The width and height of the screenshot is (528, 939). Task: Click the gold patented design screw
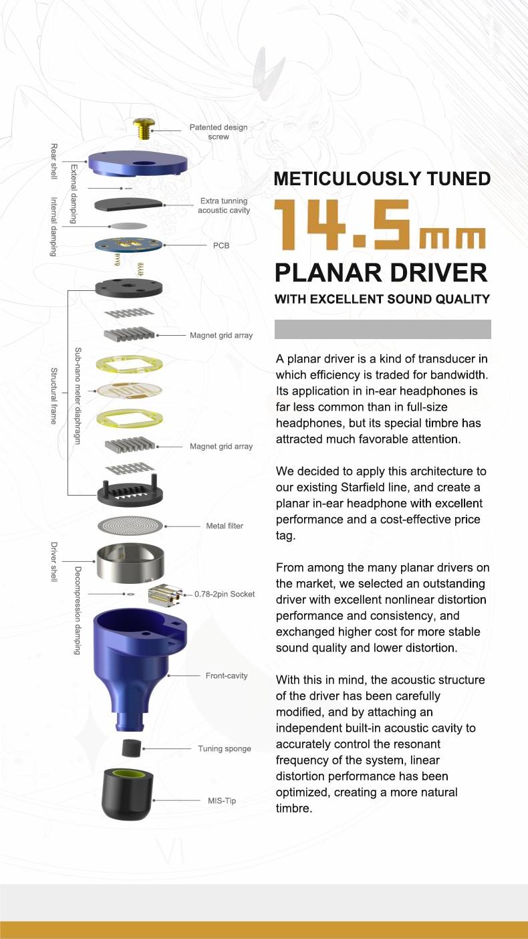[142, 127]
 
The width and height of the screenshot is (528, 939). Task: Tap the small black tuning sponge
[131, 748]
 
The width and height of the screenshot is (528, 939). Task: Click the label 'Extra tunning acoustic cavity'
[223, 205]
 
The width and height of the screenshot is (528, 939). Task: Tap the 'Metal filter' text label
[225, 526]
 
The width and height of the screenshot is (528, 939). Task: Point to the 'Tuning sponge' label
[225, 749]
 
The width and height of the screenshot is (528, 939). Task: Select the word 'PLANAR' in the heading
[324, 273]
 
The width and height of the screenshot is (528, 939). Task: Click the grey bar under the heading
[383, 329]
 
